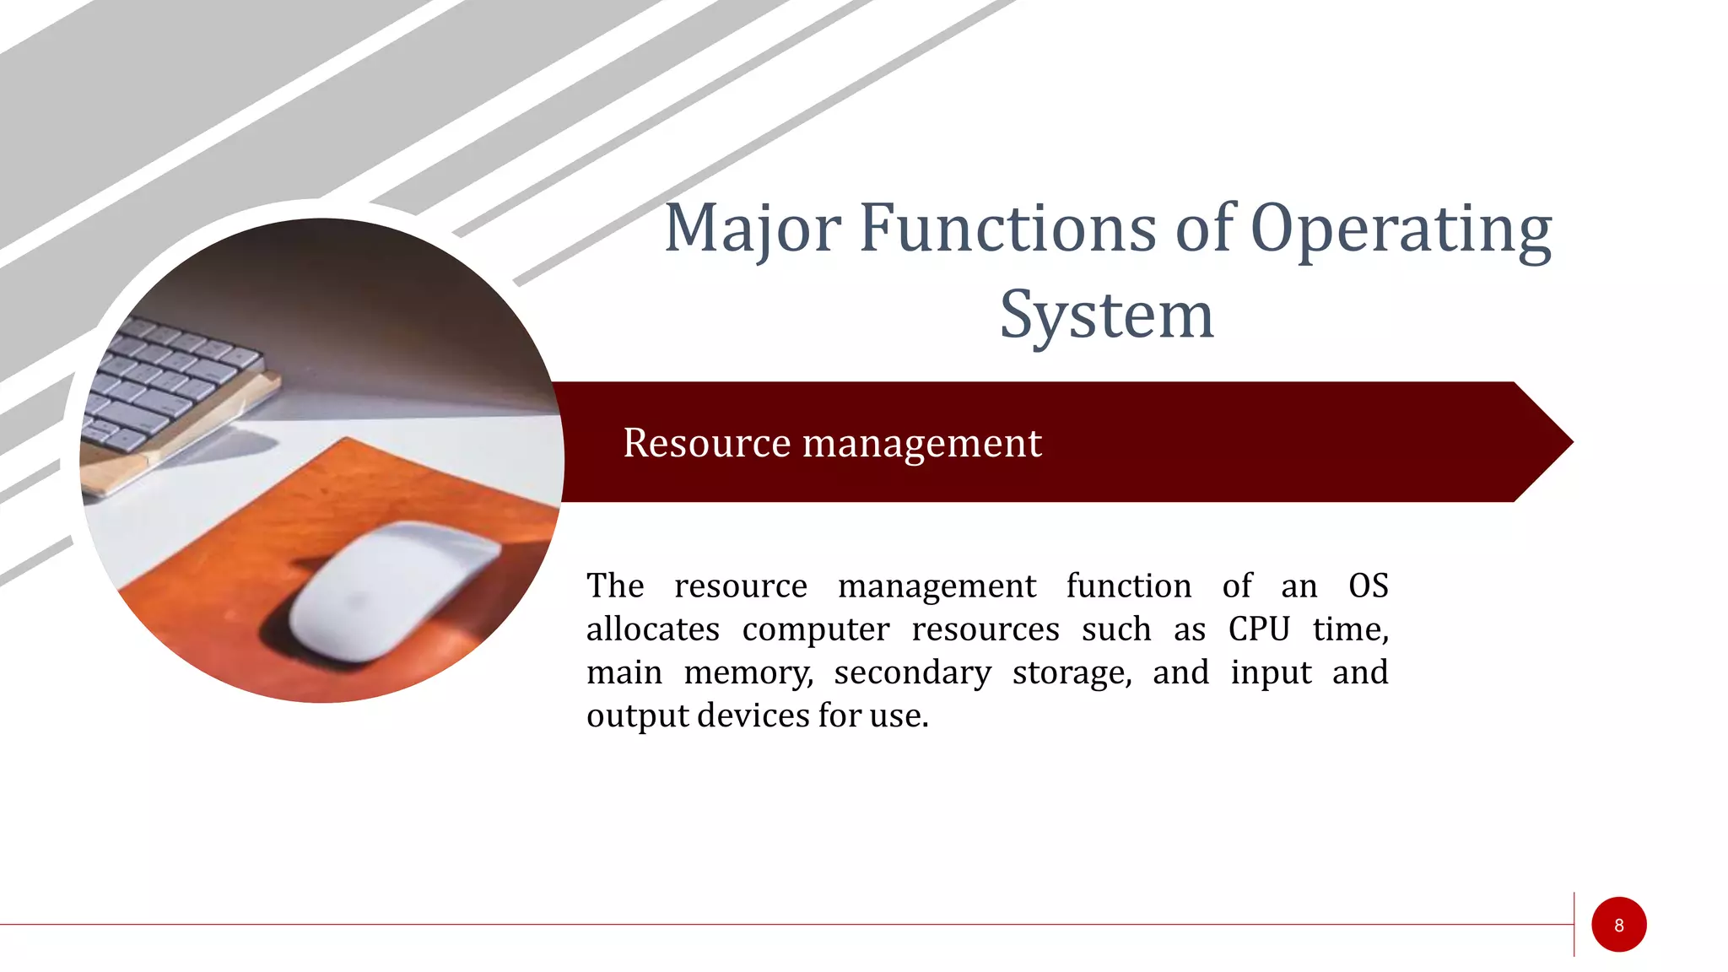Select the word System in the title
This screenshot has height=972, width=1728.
(x=1106, y=316)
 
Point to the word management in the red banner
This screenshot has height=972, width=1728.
(x=921, y=443)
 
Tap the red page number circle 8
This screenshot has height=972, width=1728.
(x=1618, y=925)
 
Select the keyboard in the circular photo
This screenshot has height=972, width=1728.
(x=169, y=380)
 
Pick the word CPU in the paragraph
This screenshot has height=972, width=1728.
(x=1259, y=629)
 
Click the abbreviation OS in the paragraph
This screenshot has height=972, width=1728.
(x=1368, y=586)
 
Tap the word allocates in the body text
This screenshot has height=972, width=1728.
(x=652, y=629)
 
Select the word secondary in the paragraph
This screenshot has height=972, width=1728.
(x=912, y=672)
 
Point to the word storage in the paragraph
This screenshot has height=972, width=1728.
(x=1071, y=672)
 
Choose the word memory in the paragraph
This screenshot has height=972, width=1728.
(x=748, y=672)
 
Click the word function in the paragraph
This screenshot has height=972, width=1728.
(x=1128, y=586)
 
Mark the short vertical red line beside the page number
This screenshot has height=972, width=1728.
(x=1574, y=924)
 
